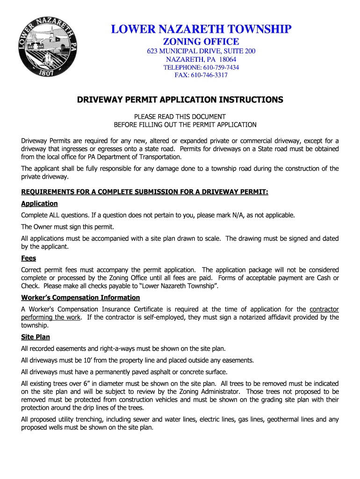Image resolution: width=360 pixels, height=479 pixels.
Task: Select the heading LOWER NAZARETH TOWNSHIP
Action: (x=201, y=29)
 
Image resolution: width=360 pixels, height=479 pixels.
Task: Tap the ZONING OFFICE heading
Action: (x=201, y=42)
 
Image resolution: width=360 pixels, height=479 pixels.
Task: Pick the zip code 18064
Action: (x=226, y=59)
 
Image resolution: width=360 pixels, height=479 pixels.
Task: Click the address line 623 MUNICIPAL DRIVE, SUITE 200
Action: (x=201, y=51)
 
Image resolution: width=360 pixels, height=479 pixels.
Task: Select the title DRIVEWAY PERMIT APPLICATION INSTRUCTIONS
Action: (x=180, y=100)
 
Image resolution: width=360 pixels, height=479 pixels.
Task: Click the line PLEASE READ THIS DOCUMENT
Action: (x=180, y=116)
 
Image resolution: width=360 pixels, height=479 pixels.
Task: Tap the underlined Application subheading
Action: (x=39, y=203)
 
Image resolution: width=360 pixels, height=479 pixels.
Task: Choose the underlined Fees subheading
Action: (x=29, y=258)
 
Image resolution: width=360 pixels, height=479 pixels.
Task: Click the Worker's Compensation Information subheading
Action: (x=80, y=298)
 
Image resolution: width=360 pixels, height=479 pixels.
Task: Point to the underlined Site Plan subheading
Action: (x=36, y=337)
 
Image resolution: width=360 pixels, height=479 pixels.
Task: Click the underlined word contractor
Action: (x=324, y=309)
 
